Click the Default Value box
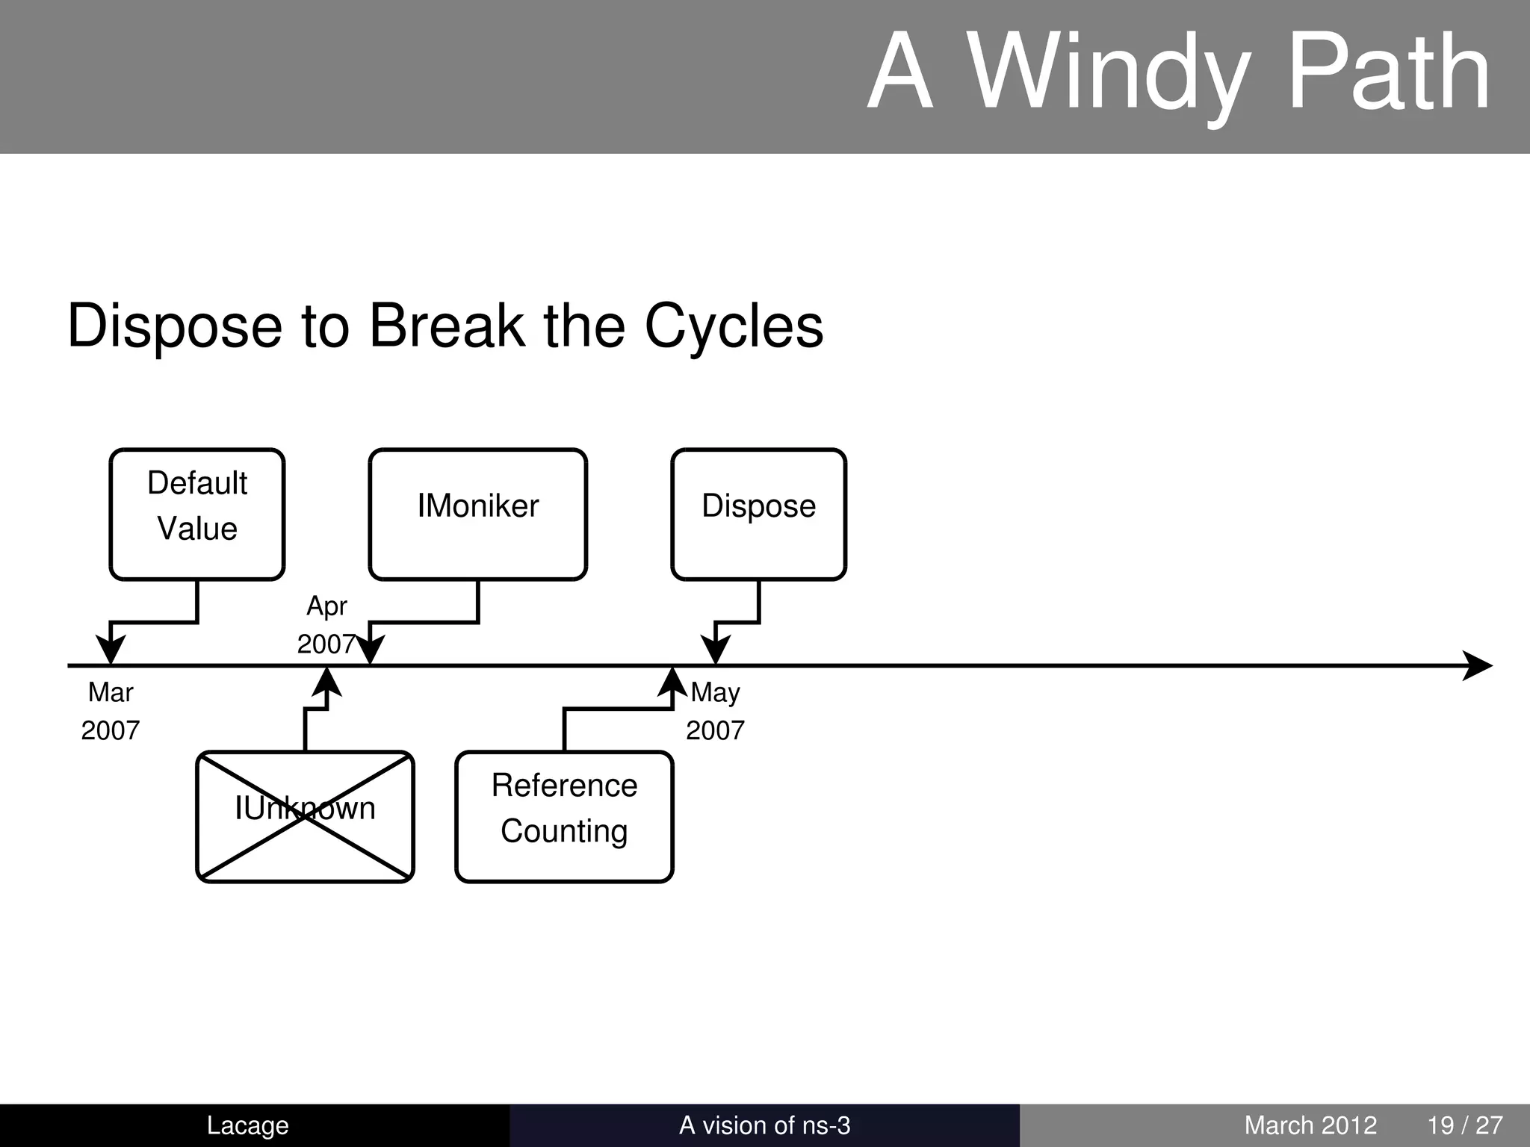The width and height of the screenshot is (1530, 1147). click(197, 514)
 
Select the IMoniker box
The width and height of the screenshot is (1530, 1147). click(477, 514)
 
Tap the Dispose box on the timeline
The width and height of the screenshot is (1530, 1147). click(758, 514)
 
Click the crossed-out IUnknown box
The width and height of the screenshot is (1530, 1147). click(305, 816)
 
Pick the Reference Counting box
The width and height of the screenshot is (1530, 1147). click(564, 816)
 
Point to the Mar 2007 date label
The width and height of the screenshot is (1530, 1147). click(111, 711)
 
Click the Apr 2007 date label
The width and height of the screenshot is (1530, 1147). click(326, 625)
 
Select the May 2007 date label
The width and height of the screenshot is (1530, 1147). click(715, 711)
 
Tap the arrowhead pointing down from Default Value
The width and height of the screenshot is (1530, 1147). click(111, 648)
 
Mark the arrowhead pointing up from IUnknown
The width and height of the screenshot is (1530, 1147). click(326, 682)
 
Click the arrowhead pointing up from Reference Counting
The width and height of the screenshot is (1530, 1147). click(672, 682)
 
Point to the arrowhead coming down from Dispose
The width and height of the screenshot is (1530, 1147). click(716, 648)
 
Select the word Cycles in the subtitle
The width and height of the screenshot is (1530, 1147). click(734, 326)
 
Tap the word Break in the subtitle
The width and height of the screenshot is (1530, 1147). click(447, 326)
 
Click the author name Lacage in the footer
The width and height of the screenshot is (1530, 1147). click(247, 1125)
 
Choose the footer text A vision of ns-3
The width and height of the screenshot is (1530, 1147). click(764, 1125)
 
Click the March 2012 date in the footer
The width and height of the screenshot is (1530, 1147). click(1310, 1125)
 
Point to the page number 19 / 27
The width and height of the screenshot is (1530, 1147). click(1465, 1125)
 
